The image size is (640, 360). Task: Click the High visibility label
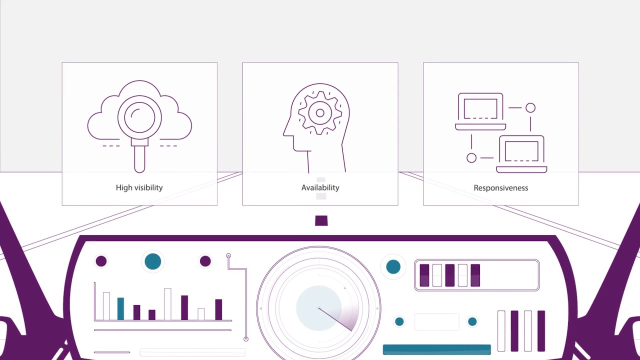point(139,187)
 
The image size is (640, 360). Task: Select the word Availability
point(320,187)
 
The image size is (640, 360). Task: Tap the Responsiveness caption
point(501,188)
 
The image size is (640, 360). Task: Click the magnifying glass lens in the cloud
point(139,117)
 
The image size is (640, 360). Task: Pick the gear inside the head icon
point(320,113)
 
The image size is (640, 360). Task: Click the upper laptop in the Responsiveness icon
point(480,111)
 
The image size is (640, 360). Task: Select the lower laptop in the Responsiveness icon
point(521,154)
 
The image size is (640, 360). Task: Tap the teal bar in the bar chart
point(120,308)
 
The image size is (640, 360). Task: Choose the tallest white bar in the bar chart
point(167,304)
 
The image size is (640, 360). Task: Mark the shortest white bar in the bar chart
point(201,314)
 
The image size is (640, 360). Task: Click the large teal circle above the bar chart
point(153,261)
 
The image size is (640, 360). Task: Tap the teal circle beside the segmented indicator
point(393,267)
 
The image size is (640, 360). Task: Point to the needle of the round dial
point(335,319)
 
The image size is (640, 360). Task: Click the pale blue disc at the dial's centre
point(319,308)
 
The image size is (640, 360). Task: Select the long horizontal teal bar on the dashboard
point(437,349)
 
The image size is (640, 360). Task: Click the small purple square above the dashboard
point(321,220)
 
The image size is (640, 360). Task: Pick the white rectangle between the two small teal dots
point(437,322)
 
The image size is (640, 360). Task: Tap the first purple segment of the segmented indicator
point(424,275)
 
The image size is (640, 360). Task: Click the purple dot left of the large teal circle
point(101,261)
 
